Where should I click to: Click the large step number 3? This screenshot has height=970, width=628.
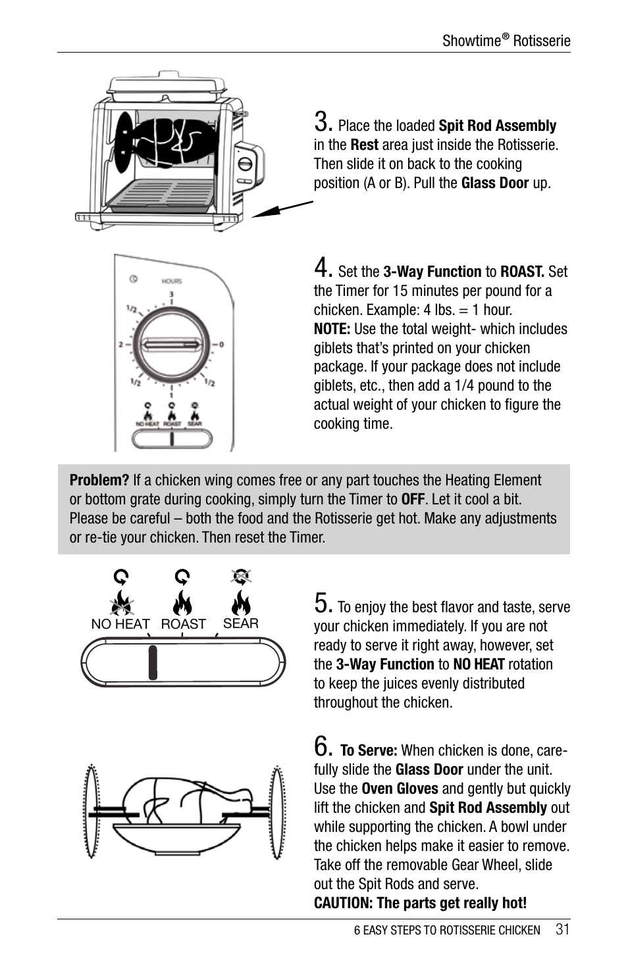[x=322, y=122]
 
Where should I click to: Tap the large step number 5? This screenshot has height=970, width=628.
[x=322, y=603]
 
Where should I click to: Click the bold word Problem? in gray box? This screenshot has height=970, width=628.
[x=99, y=481]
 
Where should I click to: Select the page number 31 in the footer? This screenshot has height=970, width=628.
[x=562, y=929]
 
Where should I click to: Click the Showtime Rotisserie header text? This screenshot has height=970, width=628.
[x=506, y=41]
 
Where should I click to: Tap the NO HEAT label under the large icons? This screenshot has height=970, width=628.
[x=120, y=624]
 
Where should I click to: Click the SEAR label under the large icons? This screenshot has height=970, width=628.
[x=241, y=623]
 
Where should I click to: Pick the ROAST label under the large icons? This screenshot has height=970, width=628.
[x=183, y=624]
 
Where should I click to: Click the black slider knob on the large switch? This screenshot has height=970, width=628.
[x=153, y=662]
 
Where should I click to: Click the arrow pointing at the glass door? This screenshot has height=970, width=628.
[x=281, y=209]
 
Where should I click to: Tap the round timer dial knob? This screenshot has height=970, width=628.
[x=171, y=345]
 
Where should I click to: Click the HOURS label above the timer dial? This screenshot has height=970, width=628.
[x=172, y=281]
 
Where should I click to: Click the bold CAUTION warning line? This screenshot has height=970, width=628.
[x=420, y=903]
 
